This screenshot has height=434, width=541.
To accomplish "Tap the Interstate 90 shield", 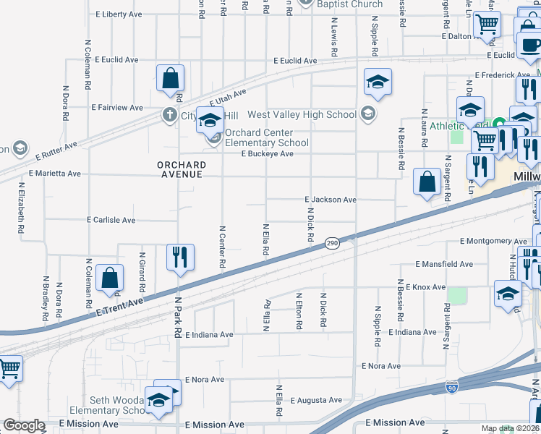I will (452, 388).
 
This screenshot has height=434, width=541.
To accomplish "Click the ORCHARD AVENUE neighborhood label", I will (182, 170).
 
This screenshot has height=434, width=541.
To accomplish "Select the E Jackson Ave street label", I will (331, 200).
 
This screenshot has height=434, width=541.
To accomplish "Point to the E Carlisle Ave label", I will (111, 220).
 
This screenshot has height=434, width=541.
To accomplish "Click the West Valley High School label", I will (302, 114).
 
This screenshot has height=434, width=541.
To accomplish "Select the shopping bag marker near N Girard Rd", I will (108, 278).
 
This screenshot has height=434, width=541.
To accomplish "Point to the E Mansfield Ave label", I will (444, 265).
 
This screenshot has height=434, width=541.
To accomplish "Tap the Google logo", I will (24, 425).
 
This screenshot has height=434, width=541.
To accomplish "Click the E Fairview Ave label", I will (117, 108).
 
